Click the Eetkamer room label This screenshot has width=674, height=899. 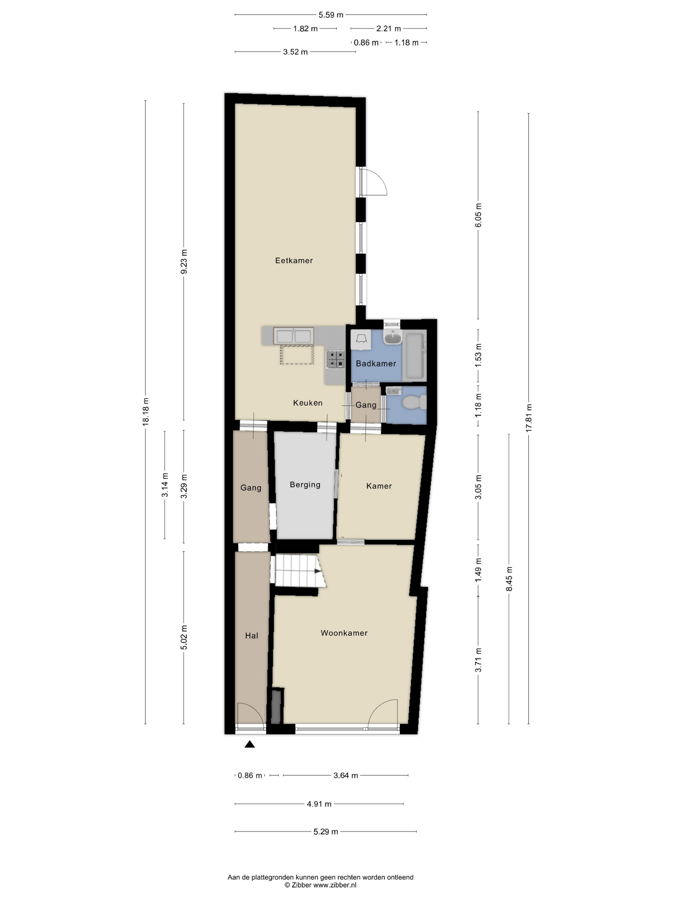coord(294,260)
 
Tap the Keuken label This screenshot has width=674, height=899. coord(307,403)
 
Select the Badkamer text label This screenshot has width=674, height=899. coord(376,363)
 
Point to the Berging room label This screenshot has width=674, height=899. coord(305,484)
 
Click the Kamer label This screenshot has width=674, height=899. coord(379,486)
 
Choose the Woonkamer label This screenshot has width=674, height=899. coord(344,633)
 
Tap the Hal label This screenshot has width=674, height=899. coord(252,636)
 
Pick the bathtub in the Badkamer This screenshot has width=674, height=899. coord(415,356)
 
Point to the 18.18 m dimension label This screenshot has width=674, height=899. coord(145,412)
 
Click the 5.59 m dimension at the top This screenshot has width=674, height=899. coord(331,15)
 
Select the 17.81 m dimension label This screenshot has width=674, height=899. coord(529,418)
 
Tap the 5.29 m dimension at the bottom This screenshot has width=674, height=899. coord(325,832)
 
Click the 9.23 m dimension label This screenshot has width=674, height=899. coord(184,261)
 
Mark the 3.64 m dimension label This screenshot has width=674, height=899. coord(346,775)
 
